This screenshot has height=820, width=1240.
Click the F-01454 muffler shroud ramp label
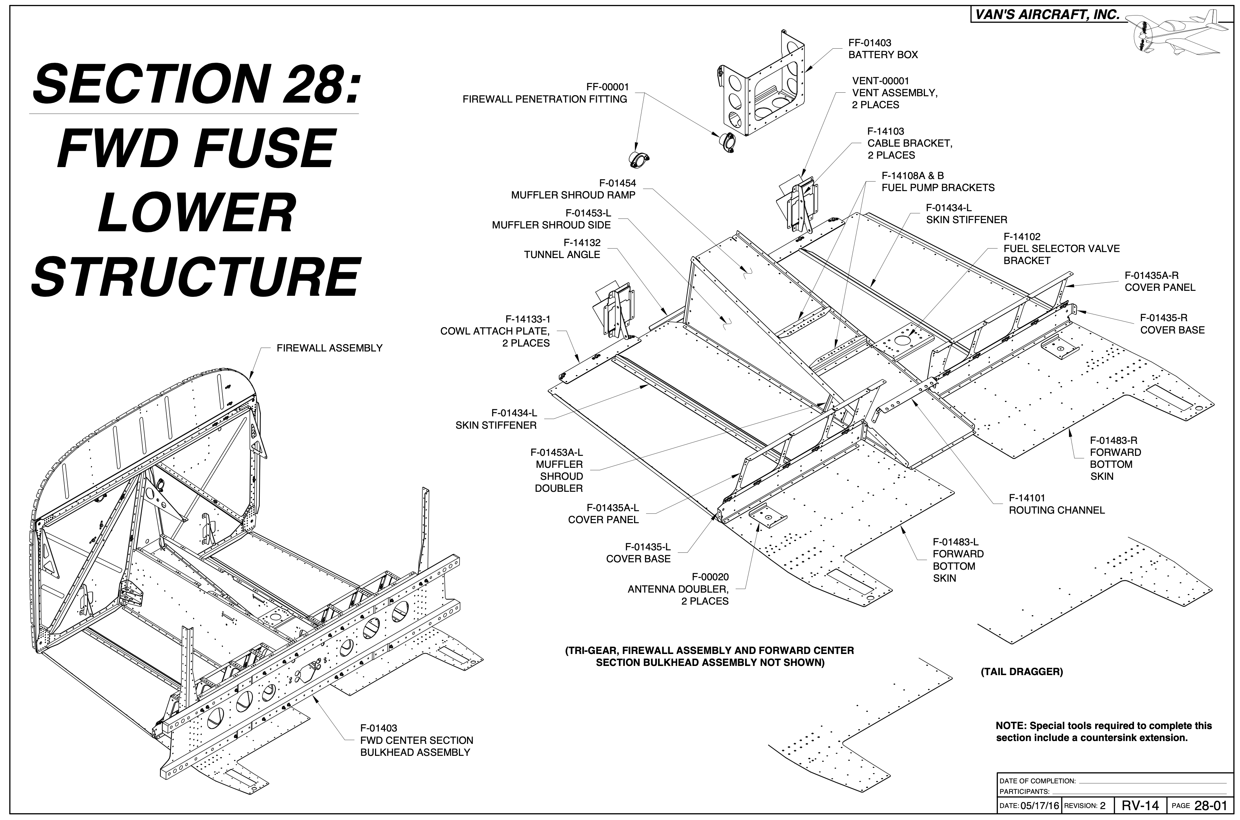(573, 189)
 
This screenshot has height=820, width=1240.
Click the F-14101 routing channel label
(1056, 504)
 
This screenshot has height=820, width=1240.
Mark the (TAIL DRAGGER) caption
(1021, 672)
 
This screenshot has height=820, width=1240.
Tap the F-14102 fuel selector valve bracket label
(1061, 249)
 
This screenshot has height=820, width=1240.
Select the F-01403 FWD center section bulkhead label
(416, 740)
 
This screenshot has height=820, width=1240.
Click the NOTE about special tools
(1103, 732)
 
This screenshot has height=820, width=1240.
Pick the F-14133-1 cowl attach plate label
(495, 331)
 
